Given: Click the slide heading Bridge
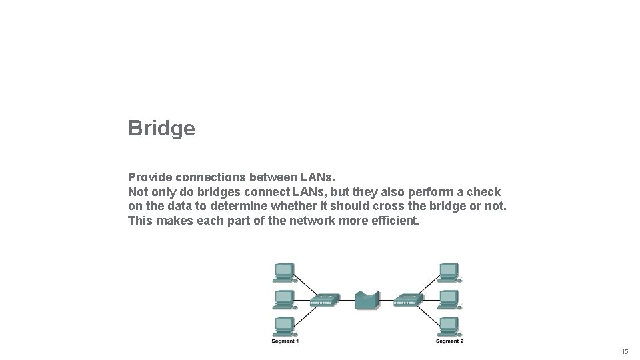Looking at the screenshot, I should tap(161, 128).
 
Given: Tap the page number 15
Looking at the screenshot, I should tap(625, 351).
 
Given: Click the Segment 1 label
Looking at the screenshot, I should tap(285, 341).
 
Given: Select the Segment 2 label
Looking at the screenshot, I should tap(449, 341).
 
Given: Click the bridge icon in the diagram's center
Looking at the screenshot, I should tap(367, 300).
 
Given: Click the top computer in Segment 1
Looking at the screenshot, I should tap(284, 271).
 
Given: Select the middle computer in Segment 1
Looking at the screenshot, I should tap(284, 299).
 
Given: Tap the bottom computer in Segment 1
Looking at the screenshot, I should tap(284, 326).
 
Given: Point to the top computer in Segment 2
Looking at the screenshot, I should tap(449, 271).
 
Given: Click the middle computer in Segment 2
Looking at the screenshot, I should tap(449, 299).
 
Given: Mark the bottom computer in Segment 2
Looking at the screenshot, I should tap(449, 326).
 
